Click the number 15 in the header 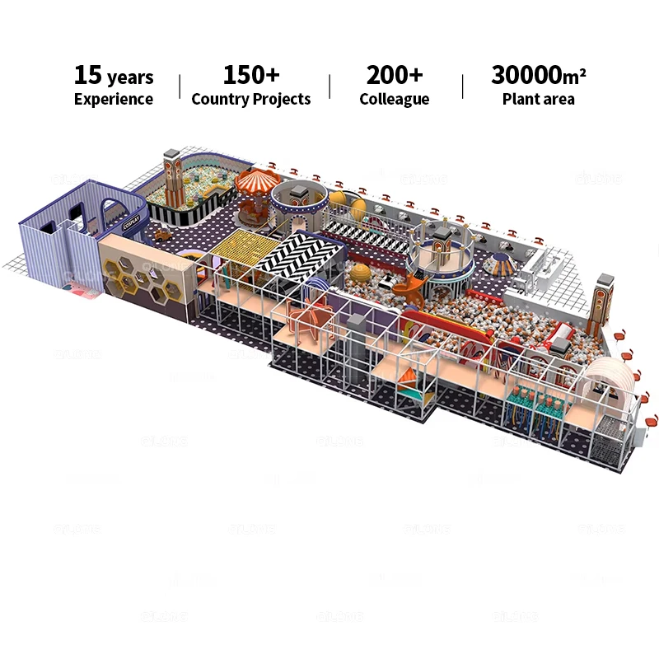pos(87,75)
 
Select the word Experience pos(113,100)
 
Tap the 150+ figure pos(250,75)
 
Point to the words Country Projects pos(250,100)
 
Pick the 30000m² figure pos(538,75)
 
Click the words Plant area pos(538,100)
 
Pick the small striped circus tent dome pos(501,263)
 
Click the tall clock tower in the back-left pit pos(173,177)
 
